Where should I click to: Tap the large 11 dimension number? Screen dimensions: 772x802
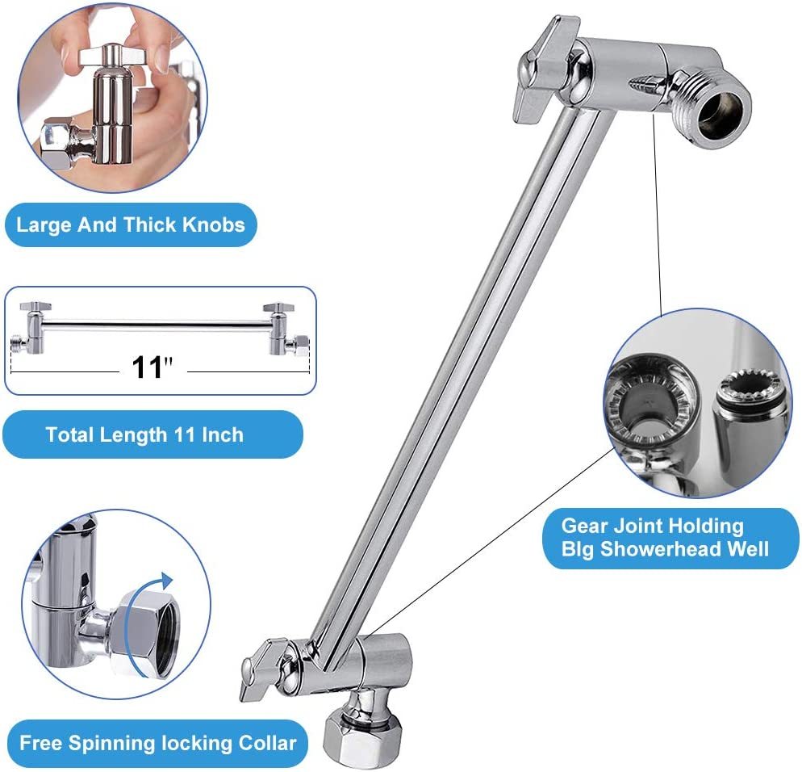148,367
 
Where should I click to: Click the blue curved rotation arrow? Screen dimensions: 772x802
161,585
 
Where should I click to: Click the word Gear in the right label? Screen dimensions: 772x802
583,527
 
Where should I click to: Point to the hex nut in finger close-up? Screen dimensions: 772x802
59,146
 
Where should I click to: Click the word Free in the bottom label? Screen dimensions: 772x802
40,743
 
